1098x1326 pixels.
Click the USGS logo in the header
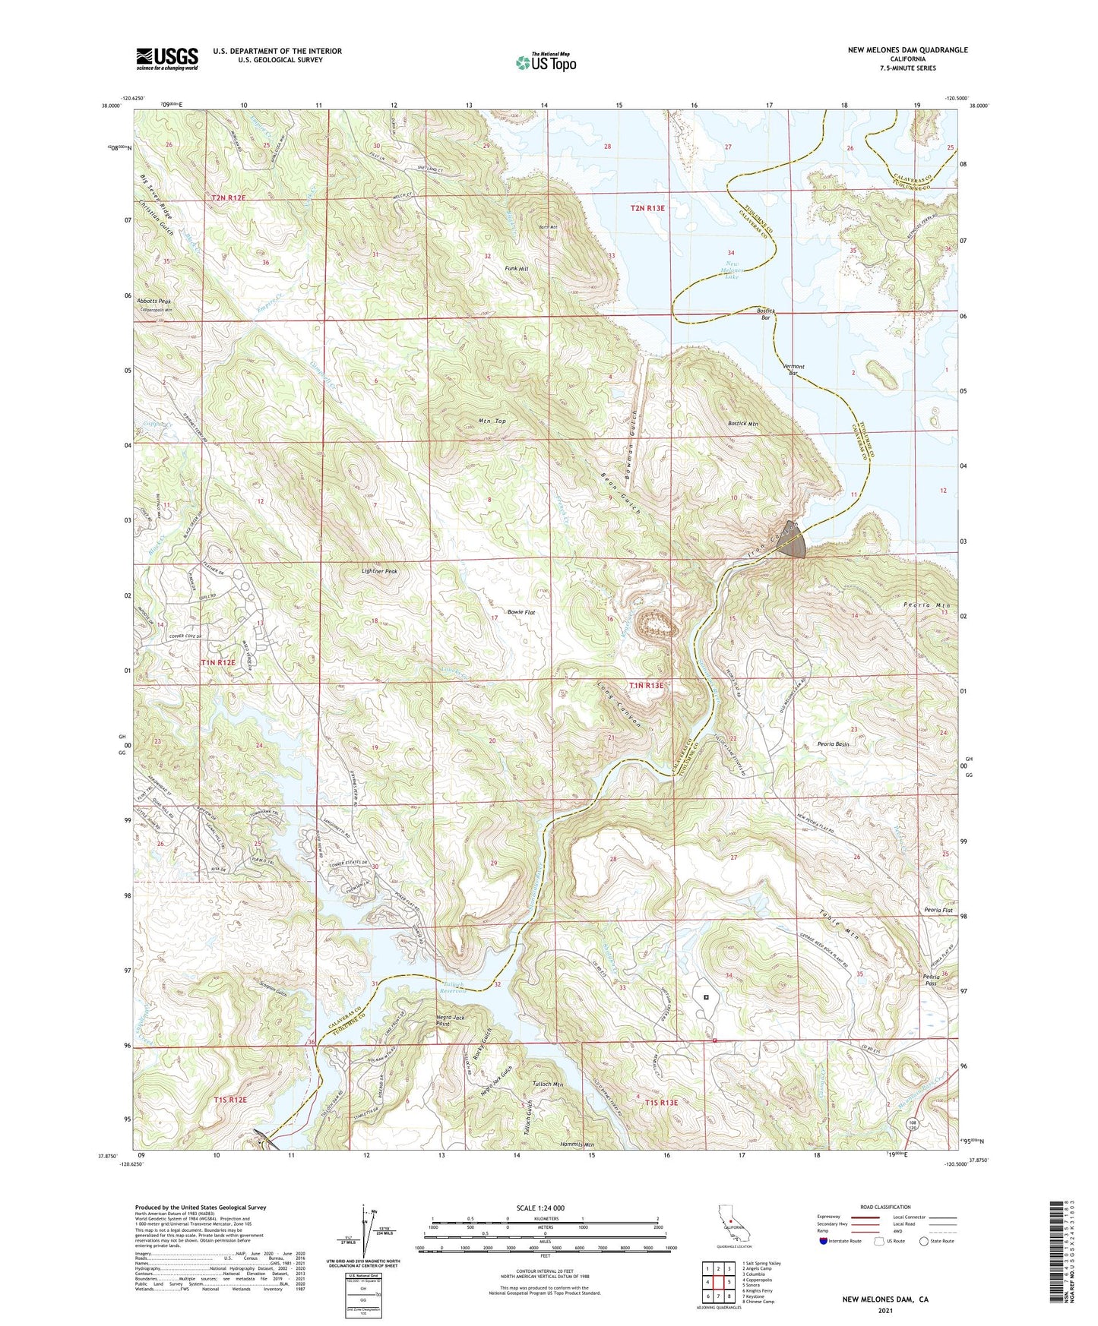pos(167,58)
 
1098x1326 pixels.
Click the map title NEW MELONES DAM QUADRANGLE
pos(907,50)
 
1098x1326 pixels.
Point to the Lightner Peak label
pos(379,571)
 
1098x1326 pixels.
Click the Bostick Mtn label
pos(742,424)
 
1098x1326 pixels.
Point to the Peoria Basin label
pos(833,744)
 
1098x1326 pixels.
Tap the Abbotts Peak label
pos(153,302)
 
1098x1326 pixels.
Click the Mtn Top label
pos(492,421)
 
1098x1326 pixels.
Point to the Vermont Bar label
pos(793,370)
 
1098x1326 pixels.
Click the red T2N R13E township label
pos(647,207)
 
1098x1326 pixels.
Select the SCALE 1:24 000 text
pos(545,1208)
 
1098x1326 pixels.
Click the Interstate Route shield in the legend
pos(824,1241)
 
